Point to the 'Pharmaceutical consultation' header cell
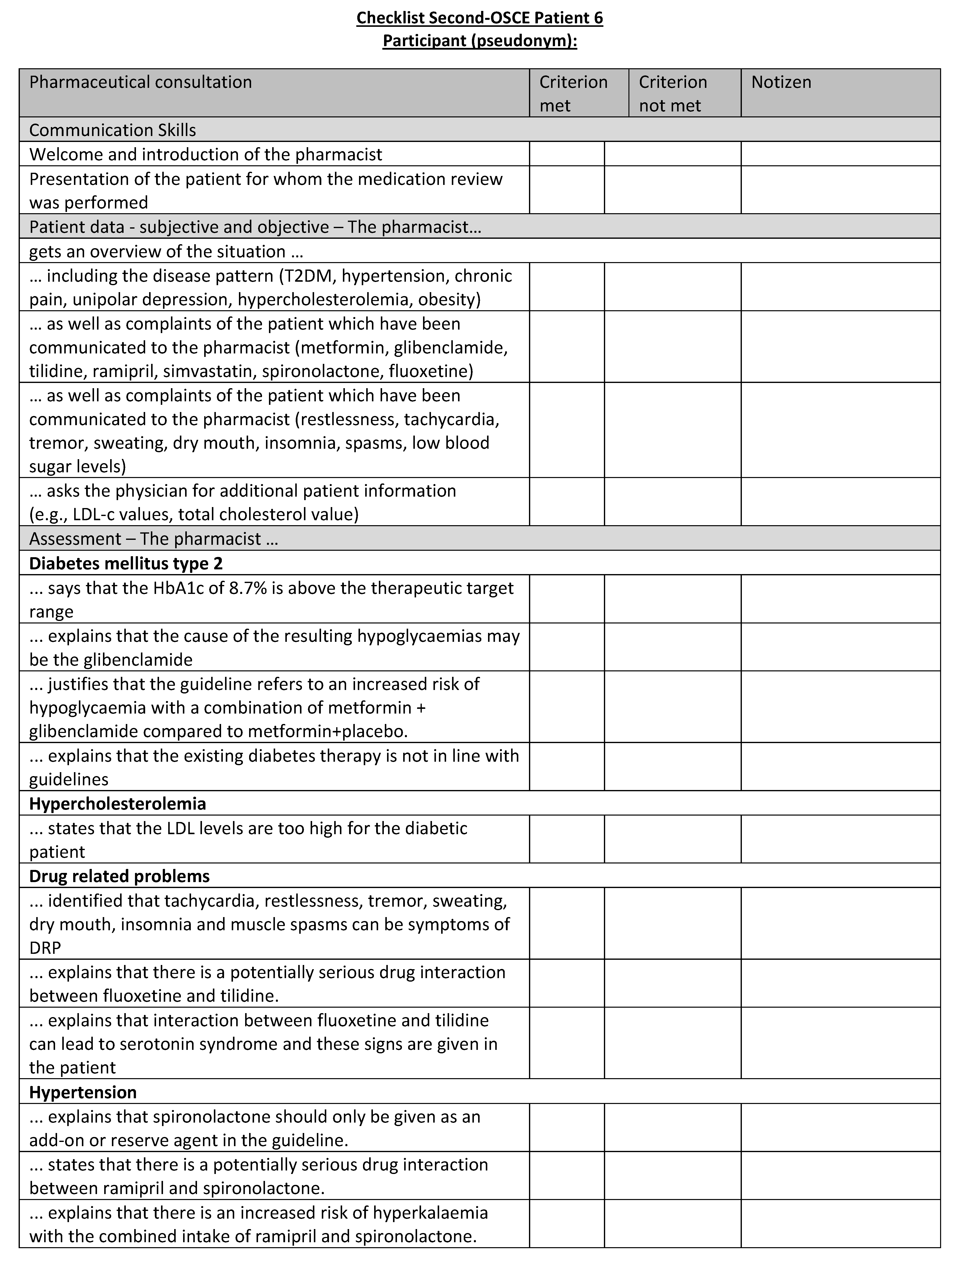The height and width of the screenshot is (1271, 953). [x=141, y=82]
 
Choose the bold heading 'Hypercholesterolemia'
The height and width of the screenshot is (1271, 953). [x=117, y=803]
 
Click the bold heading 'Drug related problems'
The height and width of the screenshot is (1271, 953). [x=120, y=876]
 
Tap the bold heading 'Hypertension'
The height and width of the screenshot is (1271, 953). [x=83, y=1092]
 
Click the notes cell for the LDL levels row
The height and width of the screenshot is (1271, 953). [x=840, y=839]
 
